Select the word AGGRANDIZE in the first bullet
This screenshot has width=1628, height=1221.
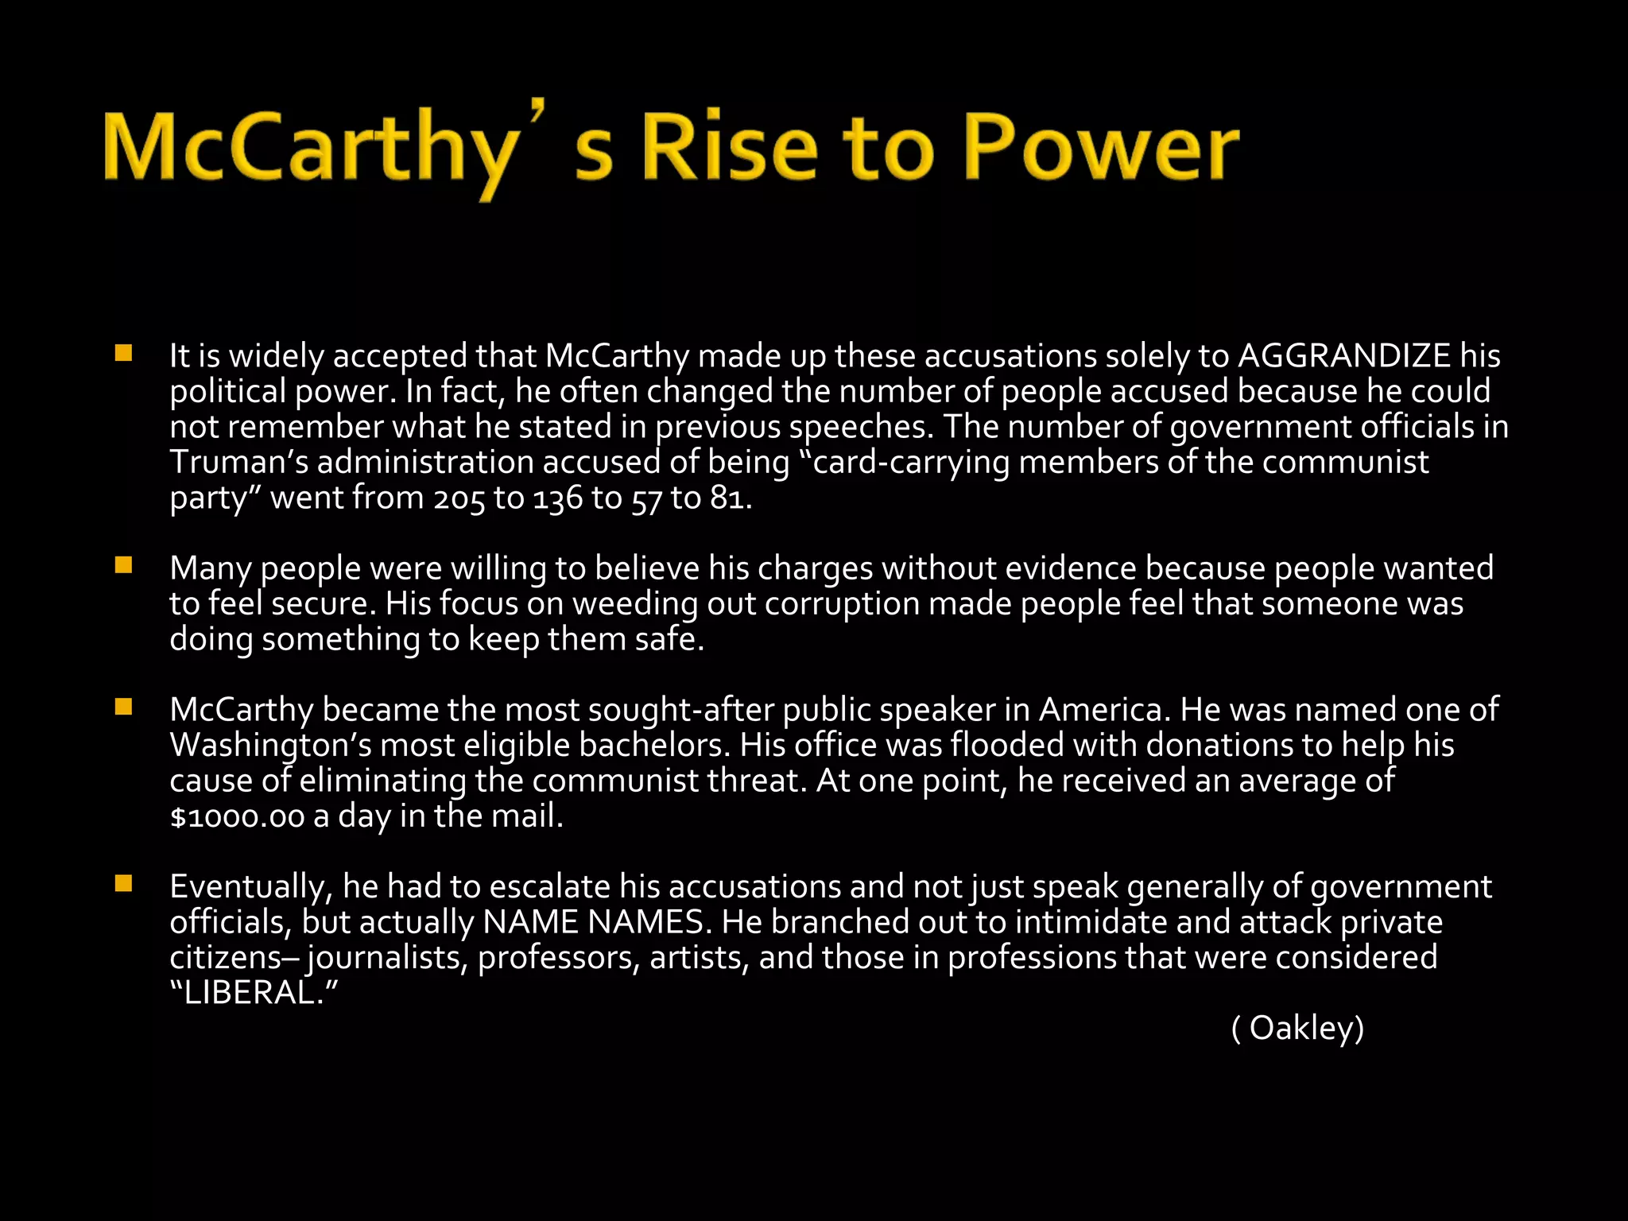[x=1344, y=355]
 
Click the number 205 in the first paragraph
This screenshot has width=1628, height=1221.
[x=459, y=498]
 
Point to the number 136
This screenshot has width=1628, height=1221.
[x=557, y=498]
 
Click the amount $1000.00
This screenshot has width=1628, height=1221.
[x=237, y=817]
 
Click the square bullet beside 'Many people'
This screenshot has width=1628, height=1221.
[x=123, y=565]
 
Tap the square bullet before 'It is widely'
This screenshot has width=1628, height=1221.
[x=123, y=353]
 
